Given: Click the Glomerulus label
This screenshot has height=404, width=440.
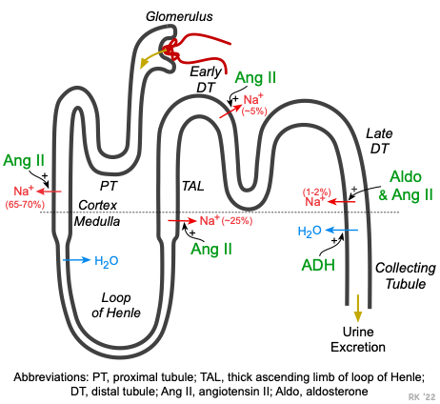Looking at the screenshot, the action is (179, 17).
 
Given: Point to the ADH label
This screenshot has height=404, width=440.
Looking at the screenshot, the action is (318, 265).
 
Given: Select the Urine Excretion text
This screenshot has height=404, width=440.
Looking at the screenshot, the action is (358, 339).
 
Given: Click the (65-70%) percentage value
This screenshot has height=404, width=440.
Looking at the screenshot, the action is (25, 205).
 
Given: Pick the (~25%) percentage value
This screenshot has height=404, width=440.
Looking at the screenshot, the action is (237, 221).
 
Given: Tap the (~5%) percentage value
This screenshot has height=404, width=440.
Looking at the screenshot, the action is (254, 111).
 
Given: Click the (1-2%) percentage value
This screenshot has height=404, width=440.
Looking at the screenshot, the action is (317, 192).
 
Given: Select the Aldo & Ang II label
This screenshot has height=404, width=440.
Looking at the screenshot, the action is (406, 186).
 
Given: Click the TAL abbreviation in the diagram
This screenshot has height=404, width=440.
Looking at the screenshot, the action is (193, 187).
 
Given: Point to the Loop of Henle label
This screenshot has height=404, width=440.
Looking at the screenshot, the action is (116, 305).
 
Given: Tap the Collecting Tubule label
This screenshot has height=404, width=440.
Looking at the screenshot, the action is (406, 275).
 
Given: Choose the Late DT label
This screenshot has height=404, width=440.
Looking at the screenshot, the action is (379, 141).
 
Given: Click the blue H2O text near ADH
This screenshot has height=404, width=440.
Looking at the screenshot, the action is (310, 232).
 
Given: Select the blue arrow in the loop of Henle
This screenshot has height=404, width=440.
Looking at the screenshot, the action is (77, 260).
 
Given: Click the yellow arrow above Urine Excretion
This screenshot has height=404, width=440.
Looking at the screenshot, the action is (358, 308).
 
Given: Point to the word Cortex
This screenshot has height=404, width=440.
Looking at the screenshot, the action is (97, 205).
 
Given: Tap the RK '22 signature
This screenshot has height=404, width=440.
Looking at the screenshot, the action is (422, 397).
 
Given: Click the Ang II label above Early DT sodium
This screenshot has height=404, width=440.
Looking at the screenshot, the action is (255, 78).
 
